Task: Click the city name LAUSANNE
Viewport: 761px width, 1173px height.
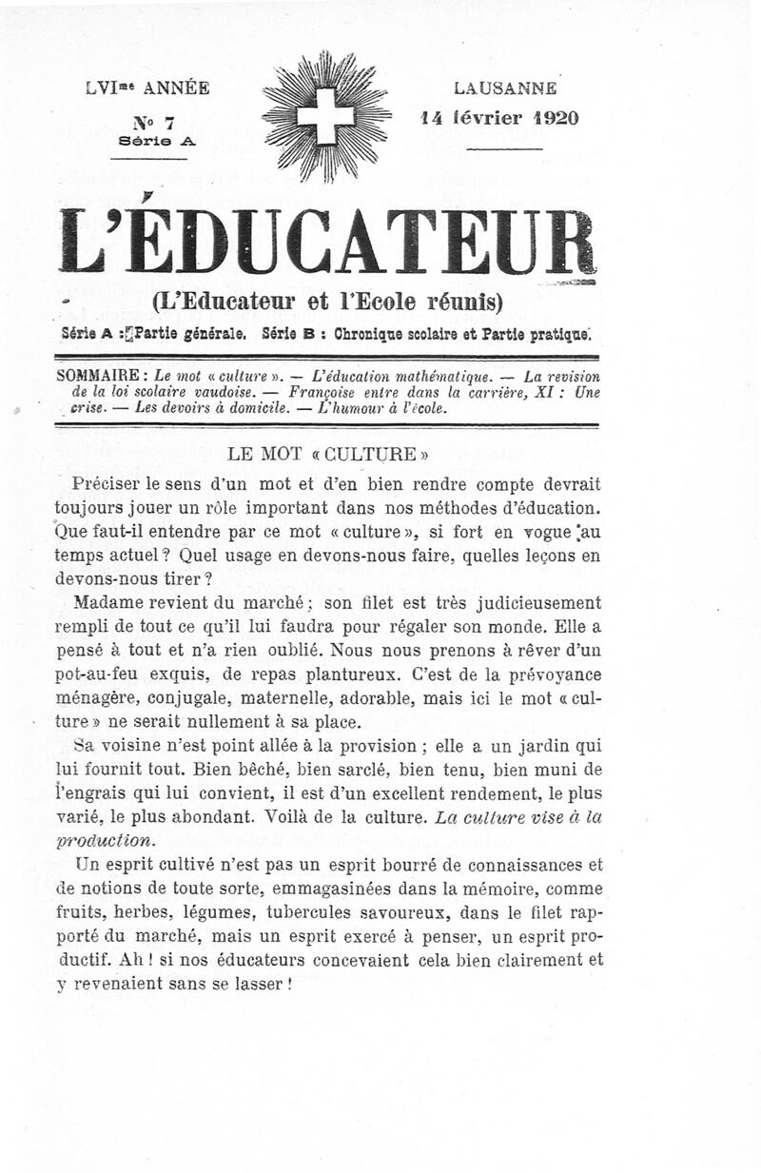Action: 505,88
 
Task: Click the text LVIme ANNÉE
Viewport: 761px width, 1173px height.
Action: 147,88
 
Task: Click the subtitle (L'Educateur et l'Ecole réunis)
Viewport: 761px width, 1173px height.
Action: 326,303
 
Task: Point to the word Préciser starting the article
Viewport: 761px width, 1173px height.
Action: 111,483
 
